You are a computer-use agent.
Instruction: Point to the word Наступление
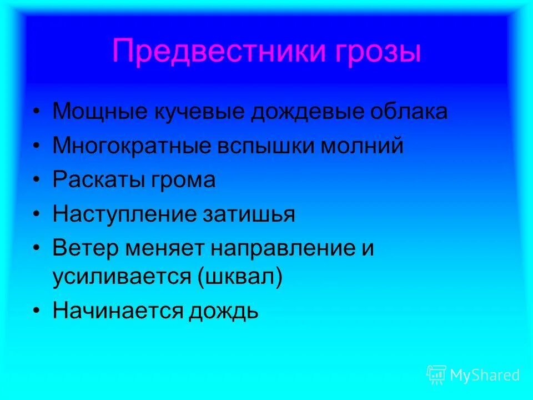pyautogui.click(x=120, y=214)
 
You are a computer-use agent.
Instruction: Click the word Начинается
pyautogui.click(x=117, y=310)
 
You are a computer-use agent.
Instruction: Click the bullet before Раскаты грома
pyautogui.click(x=36, y=181)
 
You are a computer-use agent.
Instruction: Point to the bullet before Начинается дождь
pyautogui.click(x=36, y=311)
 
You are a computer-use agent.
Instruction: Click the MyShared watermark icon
pyautogui.click(x=436, y=375)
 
